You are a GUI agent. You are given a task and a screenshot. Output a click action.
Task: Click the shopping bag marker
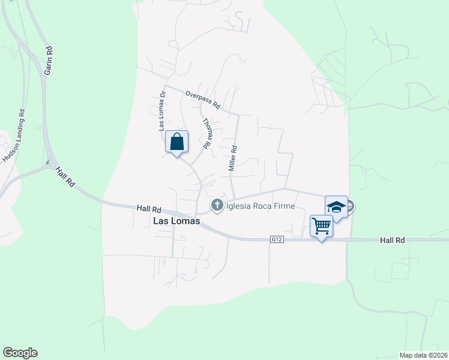[x=176, y=143]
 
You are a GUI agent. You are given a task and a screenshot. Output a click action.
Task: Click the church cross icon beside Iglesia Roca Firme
[x=217, y=206]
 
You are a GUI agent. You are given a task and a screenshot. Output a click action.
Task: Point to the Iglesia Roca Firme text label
[x=261, y=206]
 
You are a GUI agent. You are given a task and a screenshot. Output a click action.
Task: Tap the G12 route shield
[x=276, y=239]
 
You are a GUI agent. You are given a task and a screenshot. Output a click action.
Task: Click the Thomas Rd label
[x=207, y=133]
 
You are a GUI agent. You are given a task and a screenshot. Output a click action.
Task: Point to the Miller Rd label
[x=233, y=158]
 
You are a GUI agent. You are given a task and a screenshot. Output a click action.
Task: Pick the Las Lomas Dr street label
[x=161, y=111]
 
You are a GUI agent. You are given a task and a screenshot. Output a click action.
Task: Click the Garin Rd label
[x=47, y=59]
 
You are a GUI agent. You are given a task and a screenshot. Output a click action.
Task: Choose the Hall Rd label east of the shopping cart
[x=393, y=240]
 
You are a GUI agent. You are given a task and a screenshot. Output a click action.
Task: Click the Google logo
[x=20, y=353]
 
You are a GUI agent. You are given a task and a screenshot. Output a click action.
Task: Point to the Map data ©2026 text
[x=423, y=355]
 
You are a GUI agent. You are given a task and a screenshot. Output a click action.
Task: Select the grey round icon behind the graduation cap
[x=349, y=206]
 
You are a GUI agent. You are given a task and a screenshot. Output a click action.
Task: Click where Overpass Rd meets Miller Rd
[x=238, y=114]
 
